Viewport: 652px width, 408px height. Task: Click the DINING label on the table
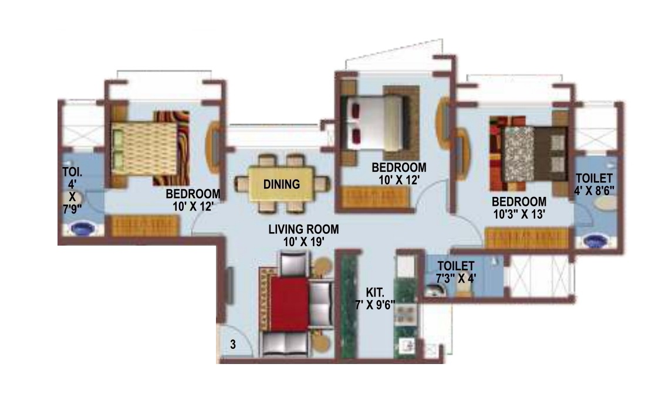point(282,184)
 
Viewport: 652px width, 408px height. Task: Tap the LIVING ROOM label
point(303,229)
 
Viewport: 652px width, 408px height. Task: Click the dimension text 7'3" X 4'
point(456,278)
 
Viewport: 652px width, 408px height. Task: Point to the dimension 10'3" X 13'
point(519,215)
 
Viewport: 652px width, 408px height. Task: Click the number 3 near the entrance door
point(233,345)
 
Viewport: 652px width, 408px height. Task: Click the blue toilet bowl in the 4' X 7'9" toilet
point(82,228)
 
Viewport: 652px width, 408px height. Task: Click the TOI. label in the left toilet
point(72,172)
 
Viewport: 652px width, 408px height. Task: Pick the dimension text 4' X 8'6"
point(594,191)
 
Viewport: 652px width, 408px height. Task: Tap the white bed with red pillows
point(372,123)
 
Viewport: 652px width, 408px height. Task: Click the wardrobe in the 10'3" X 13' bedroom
point(526,238)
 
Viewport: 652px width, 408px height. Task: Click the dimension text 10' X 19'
point(303,242)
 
